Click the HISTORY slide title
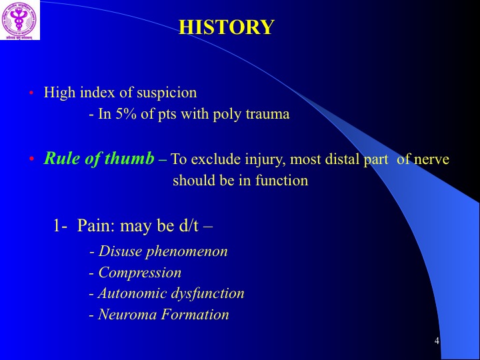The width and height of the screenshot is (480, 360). [227, 27]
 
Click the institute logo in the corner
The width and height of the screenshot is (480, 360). [19, 19]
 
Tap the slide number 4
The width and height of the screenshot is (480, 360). [437, 341]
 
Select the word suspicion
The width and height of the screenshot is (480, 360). [167, 93]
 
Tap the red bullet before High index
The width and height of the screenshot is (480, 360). [31, 93]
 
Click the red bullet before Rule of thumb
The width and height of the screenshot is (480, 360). [31, 159]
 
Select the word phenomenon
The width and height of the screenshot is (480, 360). [187, 252]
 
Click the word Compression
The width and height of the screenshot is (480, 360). [140, 273]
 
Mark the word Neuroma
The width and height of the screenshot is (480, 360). [127, 314]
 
